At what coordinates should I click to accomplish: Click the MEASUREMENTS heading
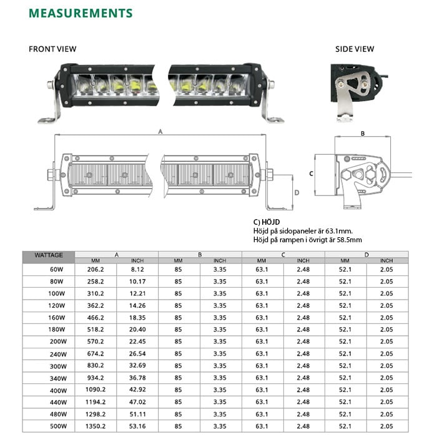click(81, 13)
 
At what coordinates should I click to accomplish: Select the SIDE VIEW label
click(355, 49)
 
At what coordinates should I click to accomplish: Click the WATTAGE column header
click(49, 255)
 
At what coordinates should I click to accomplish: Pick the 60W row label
click(57, 269)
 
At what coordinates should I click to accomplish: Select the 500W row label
click(57, 426)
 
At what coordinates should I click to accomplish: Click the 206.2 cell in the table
click(96, 269)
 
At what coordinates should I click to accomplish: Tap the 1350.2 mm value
click(96, 426)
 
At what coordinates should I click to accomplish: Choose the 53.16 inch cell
click(137, 426)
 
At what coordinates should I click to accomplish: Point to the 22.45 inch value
click(137, 341)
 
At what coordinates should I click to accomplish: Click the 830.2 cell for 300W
click(96, 366)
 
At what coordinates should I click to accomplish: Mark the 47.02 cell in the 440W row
click(137, 402)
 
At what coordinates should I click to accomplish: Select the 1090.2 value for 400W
click(96, 390)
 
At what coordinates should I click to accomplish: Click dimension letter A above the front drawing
click(160, 132)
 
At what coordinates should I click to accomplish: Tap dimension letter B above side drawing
click(363, 132)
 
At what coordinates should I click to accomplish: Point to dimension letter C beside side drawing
click(311, 173)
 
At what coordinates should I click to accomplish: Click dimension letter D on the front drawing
click(297, 192)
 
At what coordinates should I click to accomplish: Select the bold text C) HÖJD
click(266, 222)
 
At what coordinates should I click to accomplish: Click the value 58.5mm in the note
click(349, 239)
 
